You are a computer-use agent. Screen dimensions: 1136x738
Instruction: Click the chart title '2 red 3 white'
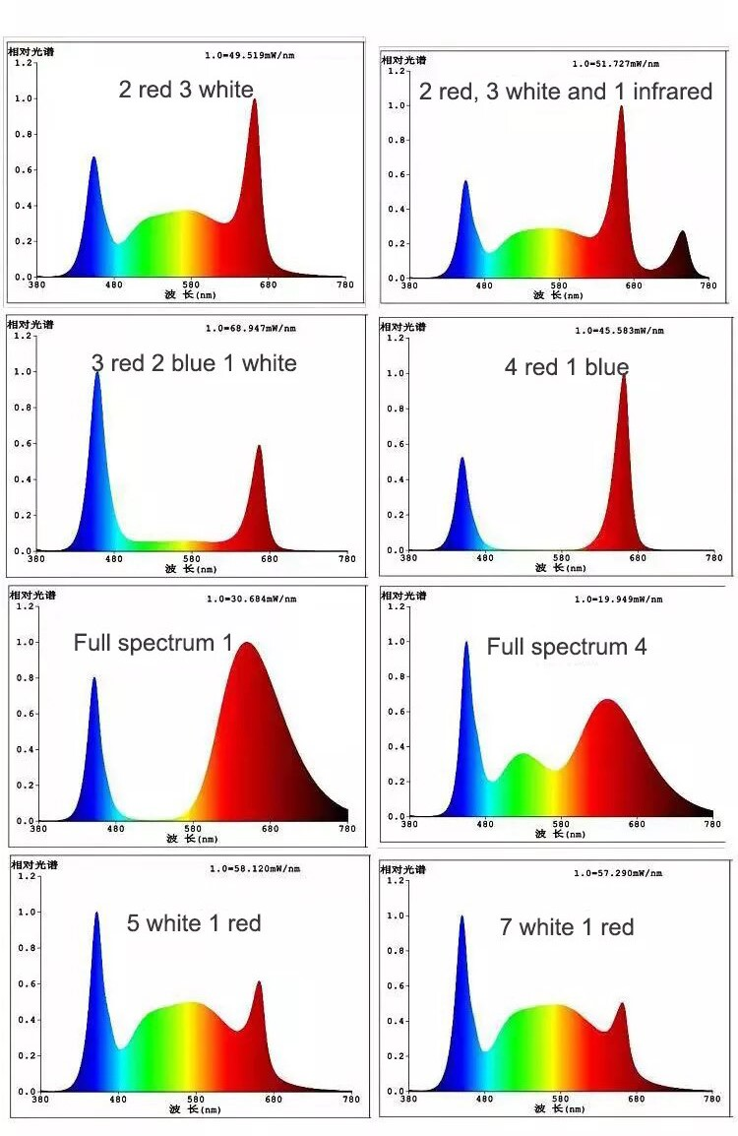coord(186,90)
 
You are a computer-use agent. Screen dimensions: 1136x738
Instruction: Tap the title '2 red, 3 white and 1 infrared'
coord(566,92)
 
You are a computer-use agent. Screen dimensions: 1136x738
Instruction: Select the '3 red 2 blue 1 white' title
coord(194,363)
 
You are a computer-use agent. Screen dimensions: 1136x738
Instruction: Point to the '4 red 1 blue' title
coord(567,367)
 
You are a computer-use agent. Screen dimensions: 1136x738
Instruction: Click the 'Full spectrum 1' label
coord(153,644)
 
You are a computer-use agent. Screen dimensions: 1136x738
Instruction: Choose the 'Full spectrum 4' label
coord(567,647)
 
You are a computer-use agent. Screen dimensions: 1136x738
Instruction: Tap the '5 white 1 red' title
coord(194,923)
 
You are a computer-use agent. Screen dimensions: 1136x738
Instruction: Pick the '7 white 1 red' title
coord(567,927)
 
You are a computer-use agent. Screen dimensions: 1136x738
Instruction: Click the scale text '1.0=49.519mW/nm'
coord(249,55)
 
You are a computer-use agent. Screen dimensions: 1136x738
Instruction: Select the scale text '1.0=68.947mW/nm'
coord(250,328)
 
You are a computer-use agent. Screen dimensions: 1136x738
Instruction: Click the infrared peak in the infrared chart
coord(682,233)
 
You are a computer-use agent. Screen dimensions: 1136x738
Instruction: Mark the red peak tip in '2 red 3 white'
coord(254,100)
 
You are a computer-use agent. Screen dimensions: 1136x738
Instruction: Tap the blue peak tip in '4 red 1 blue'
coord(461,459)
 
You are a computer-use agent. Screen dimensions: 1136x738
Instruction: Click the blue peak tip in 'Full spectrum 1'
coord(94,678)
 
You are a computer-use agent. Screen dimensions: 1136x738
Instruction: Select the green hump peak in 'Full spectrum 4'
coord(523,755)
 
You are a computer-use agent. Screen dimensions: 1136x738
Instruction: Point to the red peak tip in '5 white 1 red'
coord(259,982)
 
